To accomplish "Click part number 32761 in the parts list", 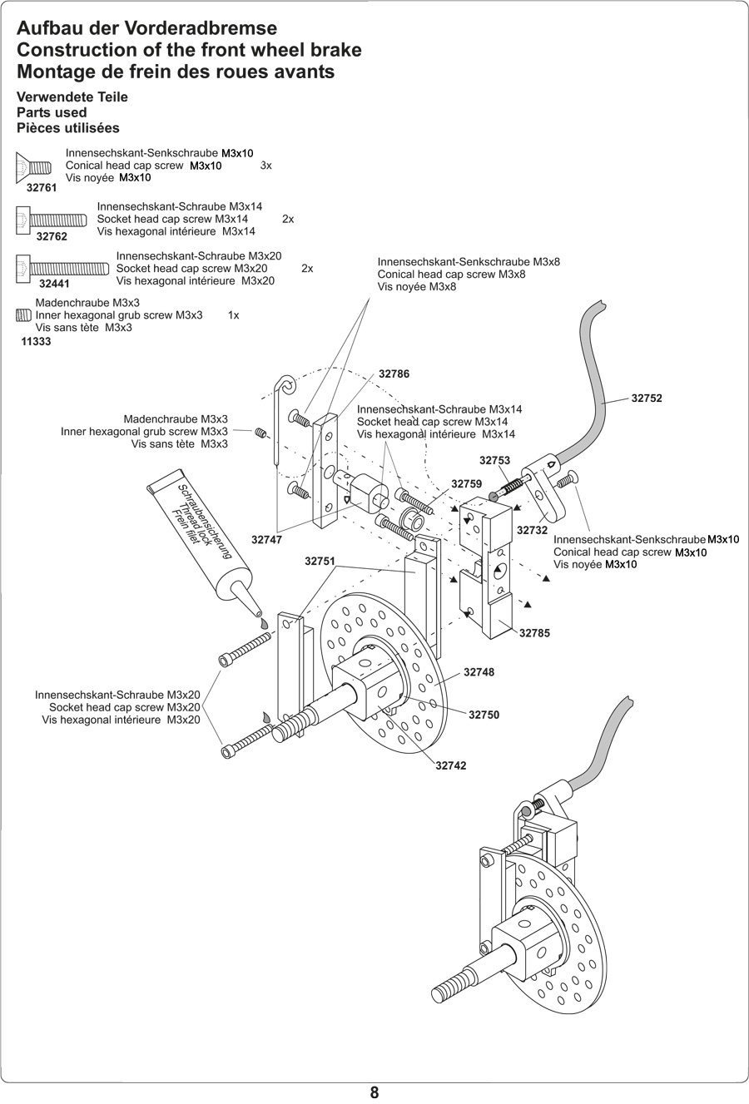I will tap(42, 188).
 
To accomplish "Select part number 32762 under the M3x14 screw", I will tap(52, 237).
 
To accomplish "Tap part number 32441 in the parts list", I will tap(54, 284).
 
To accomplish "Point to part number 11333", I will tap(36, 341).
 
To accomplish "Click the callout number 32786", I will tap(394, 374).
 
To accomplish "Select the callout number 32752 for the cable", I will tap(647, 399).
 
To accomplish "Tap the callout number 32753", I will tap(494, 460).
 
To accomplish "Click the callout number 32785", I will tap(534, 633).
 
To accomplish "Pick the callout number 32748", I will tap(479, 672).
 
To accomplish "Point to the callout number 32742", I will tap(451, 765).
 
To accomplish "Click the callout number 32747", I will tap(267, 540).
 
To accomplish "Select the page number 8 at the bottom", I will tap(374, 1093).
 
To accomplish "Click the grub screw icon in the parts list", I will tap(23, 315).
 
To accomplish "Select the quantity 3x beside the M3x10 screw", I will tap(266, 166).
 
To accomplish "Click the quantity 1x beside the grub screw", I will tap(233, 315).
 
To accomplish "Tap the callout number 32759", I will tap(466, 483).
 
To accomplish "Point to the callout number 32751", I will tap(320, 562).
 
